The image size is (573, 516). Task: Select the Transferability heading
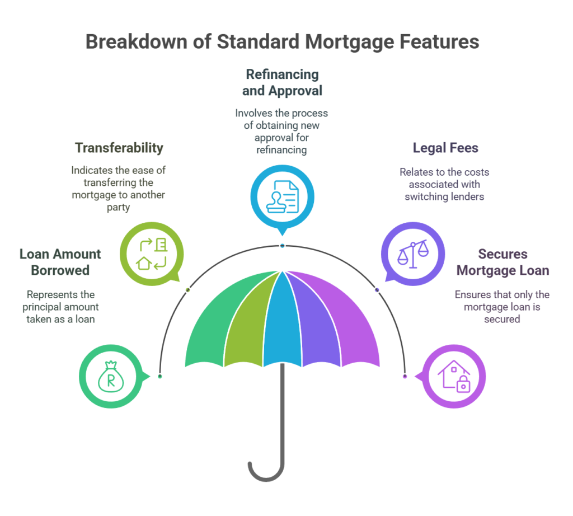click(119, 148)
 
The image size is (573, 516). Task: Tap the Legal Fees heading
click(445, 148)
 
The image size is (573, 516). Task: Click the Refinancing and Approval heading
click(282, 82)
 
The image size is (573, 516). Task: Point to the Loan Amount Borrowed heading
click(60, 262)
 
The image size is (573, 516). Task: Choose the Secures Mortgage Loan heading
click(502, 262)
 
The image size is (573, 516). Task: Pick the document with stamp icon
click(282, 195)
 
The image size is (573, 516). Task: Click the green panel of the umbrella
click(207, 325)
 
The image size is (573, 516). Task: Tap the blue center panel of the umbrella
click(282, 319)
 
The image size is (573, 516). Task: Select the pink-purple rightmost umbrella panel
click(358, 325)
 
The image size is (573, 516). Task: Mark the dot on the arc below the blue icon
click(283, 246)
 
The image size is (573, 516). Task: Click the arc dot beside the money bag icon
click(160, 377)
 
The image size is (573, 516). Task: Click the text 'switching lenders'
click(445, 196)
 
